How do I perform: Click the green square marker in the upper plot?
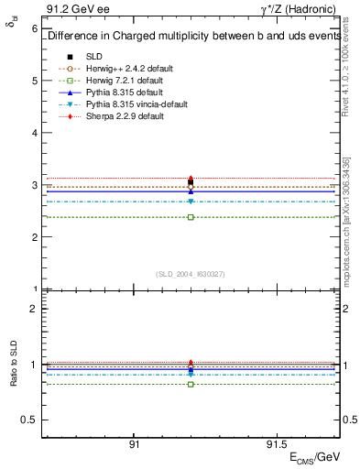coord(191,217)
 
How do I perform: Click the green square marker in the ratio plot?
coord(191,384)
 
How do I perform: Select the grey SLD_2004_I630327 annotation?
coord(191,273)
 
